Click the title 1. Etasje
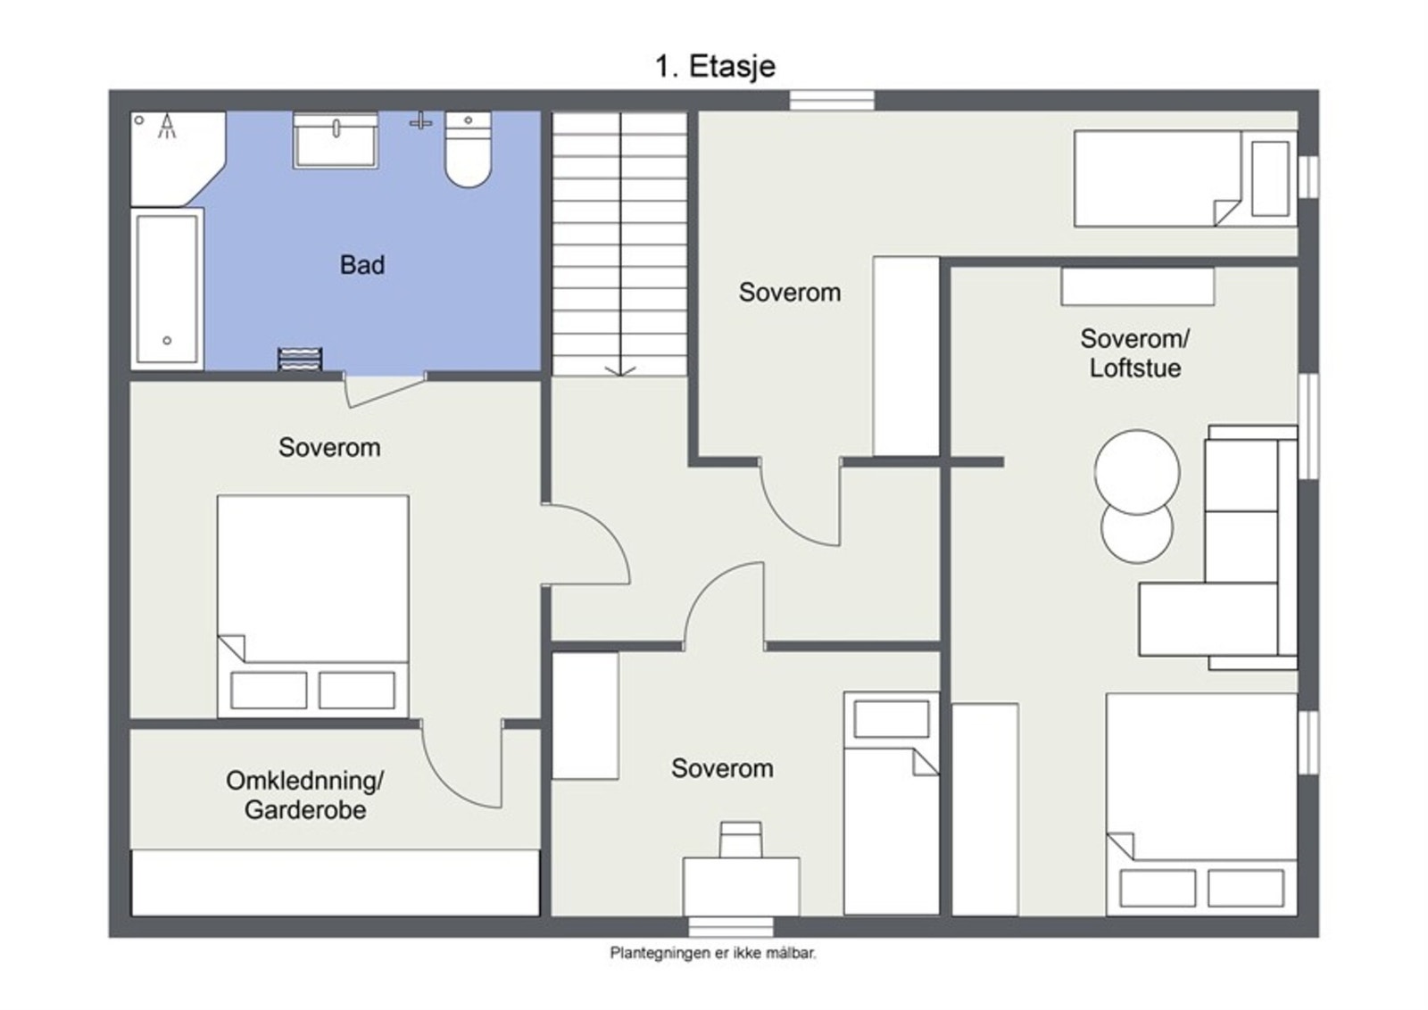tap(715, 66)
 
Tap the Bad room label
tap(361, 265)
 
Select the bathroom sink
tap(336, 140)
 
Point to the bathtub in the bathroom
tap(166, 288)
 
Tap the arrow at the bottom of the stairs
tap(621, 368)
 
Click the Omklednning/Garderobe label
tap(304, 795)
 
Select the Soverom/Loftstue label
tap(1134, 353)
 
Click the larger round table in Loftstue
tap(1137, 471)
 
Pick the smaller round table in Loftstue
tap(1136, 534)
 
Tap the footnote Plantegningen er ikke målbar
tap(713, 953)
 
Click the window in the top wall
tap(832, 100)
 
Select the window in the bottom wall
tap(731, 926)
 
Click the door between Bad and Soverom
tap(384, 391)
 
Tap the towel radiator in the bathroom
tap(299, 359)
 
